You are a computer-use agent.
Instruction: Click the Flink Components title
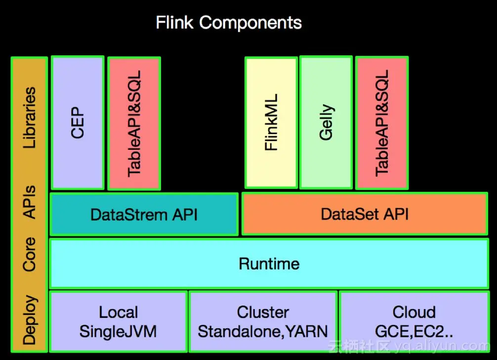[x=229, y=23]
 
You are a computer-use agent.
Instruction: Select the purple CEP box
[x=78, y=122]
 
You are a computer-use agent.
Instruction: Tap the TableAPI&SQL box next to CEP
[x=134, y=124]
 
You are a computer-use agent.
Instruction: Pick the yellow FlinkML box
[x=271, y=123]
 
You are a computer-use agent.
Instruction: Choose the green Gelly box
[x=326, y=123]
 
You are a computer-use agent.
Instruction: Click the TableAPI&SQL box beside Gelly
[x=382, y=124]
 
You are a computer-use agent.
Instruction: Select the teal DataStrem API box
[x=144, y=214]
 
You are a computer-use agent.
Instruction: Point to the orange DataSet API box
[x=365, y=214]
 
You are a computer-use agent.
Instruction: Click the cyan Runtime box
[x=269, y=263]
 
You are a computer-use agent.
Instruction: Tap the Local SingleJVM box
[x=118, y=321]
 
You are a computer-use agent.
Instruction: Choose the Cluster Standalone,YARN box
[x=263, y=321]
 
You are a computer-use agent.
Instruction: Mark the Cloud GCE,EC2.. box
[x=414, y=321]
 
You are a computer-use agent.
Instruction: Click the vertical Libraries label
[x=30, y=118]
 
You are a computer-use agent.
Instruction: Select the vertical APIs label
[x=30, y=202]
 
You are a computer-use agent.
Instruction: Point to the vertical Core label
[x=30, y=254]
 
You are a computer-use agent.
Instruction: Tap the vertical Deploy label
[x=30, y=319]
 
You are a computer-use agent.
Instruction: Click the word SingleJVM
[x=118, y=331]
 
